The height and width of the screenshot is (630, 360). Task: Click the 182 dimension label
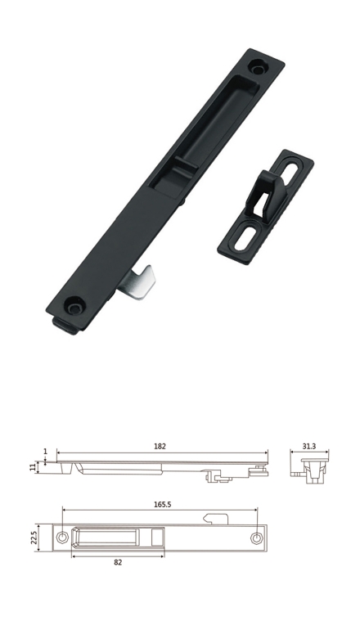160,446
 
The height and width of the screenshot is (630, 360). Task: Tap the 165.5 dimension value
162,504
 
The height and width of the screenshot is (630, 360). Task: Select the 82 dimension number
118,563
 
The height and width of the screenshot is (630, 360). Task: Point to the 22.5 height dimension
34,538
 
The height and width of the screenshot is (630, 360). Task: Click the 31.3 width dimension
309,446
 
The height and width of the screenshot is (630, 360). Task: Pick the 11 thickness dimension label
33,467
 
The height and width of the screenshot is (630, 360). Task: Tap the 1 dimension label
45,451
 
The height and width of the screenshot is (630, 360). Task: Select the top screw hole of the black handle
258,67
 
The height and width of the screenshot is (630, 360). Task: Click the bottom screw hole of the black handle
74,306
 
